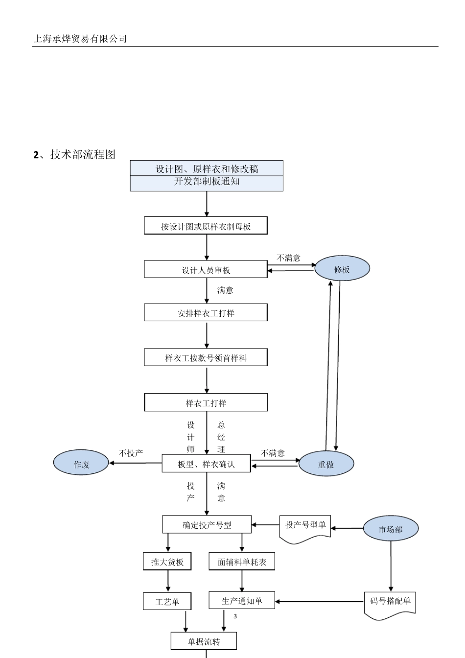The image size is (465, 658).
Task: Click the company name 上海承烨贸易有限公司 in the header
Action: pos(80,39)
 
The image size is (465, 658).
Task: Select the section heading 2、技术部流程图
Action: pos(74,155)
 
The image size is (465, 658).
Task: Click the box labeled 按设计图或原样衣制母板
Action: pos(206,226)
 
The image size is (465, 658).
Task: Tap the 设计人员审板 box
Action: pos(206,270)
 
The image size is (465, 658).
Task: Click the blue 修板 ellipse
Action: pos(342,269)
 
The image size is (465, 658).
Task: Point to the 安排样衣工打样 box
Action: pos(206,313)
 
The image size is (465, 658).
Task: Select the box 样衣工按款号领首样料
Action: pos(206,358)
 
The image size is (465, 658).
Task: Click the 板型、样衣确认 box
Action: pos(206,464)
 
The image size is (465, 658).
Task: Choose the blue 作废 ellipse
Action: pos(81,464)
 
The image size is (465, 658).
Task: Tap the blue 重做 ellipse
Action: pos(326,464)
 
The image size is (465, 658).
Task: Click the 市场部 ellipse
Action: pos(391,529)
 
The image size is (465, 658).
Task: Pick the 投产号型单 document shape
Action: pos(305,526)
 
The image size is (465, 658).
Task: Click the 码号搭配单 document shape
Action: pos(390,602)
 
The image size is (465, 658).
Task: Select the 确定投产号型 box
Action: pos(207,525)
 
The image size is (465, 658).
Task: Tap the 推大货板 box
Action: pos(167,562)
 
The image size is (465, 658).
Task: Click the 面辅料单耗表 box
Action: pos(242,562)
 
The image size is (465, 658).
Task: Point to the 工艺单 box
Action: pos(167,601)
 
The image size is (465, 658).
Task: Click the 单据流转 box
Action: pos(204,641)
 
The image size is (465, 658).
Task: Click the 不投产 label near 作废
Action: pos(131,453)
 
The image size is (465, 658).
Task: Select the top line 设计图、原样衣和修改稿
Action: pos(207,169)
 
